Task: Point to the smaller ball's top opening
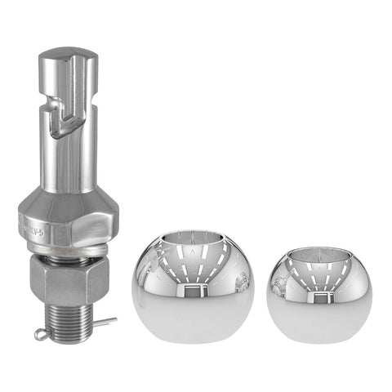coord(318,259)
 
